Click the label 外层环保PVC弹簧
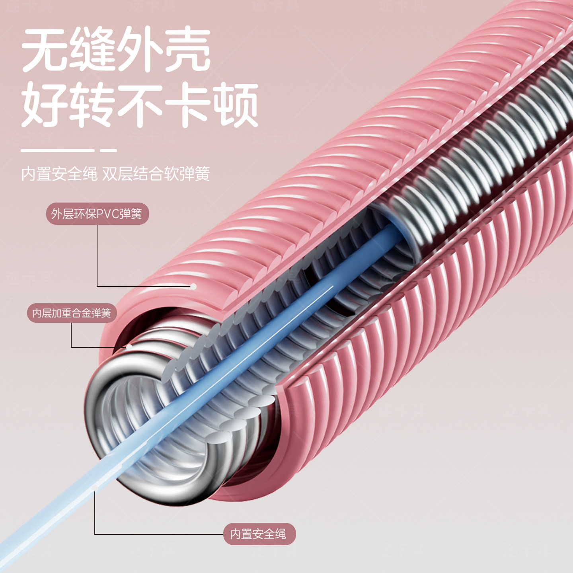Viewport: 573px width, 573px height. (97, 214)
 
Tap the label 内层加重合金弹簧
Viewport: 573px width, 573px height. (72, 313)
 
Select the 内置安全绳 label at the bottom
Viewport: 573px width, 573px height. (259, 534)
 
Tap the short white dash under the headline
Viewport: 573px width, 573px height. (108, 150)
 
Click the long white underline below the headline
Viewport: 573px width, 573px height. (58, 150)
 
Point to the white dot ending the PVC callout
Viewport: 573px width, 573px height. (193, 286)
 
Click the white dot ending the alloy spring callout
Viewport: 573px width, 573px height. (129, 347)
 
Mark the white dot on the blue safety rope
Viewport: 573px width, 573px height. (95, 488)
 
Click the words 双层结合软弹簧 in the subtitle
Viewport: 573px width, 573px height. (156, 174)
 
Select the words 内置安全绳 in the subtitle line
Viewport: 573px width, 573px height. (59, 174)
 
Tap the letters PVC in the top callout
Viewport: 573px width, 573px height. (108, 214)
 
